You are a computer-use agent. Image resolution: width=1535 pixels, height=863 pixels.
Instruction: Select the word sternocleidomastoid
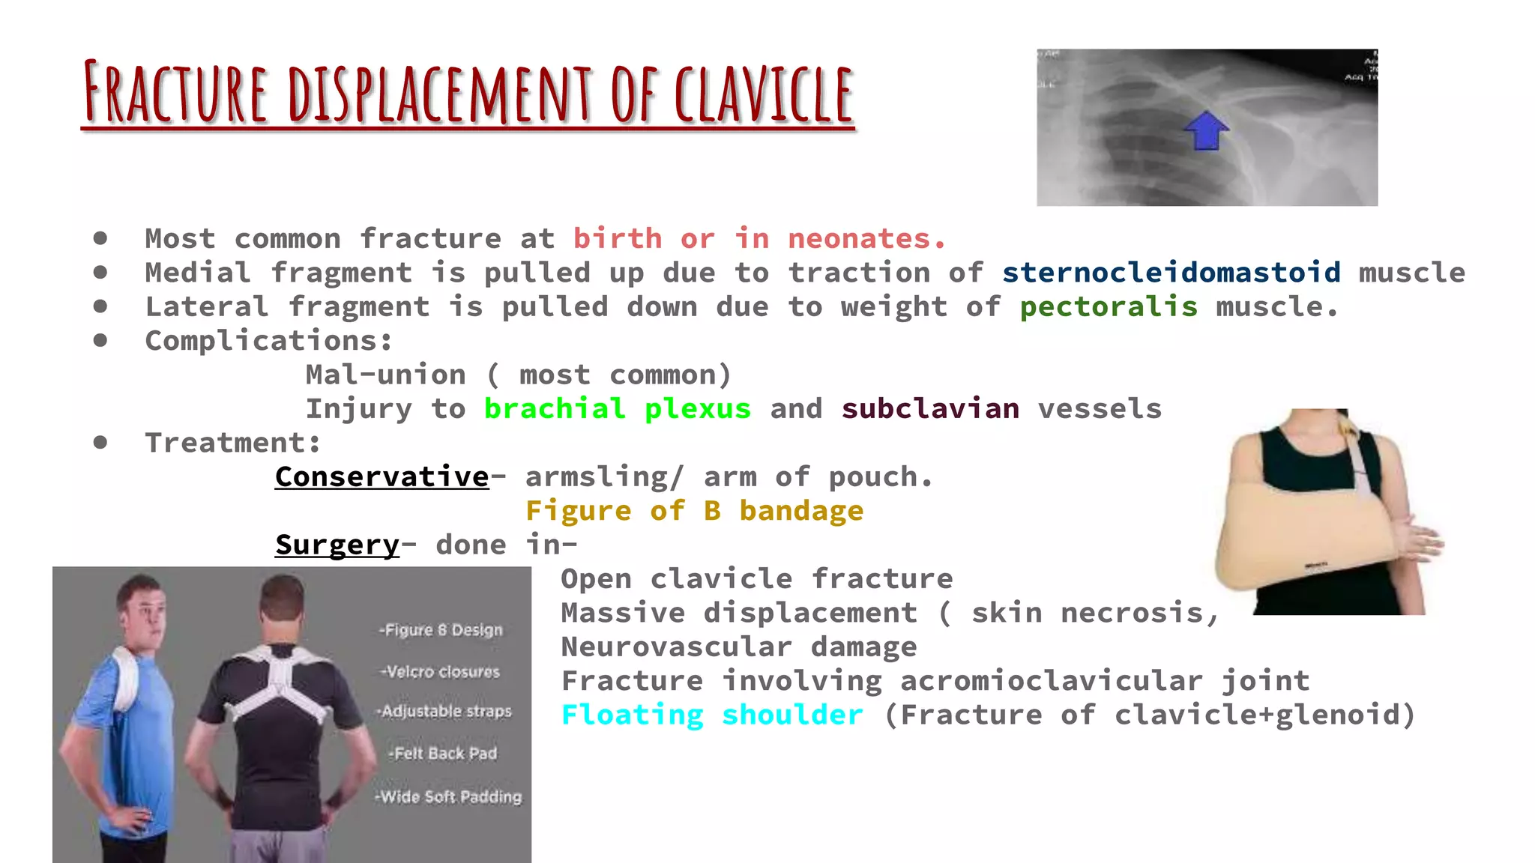pyautogui.click(x=1171, y=273)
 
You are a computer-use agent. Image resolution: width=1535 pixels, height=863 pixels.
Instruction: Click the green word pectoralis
pyautogui.click(x=1109, y=307)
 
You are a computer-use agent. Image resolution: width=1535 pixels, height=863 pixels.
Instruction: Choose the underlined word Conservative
pyautogui.click(x=382, y=477)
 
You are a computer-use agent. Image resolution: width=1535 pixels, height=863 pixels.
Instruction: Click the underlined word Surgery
pyautogui.click(x=337, y=545)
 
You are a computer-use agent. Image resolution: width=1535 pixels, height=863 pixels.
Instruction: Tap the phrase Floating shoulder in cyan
pyautogui.click(x=711, y=715)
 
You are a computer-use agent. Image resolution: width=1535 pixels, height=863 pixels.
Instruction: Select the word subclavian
pyautogui.click(x=929, y=409)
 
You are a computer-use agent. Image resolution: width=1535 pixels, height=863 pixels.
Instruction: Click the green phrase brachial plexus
pyautogui.click(x=617, y=409)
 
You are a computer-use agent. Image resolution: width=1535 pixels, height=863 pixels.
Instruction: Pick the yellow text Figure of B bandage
pyautogui.click(x=694, y=511)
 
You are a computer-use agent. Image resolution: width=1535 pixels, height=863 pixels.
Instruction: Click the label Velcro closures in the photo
pyautogui.click(x=440, y=672)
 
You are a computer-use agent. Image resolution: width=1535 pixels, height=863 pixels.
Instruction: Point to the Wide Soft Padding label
pyautogui.click(x=448, y=797)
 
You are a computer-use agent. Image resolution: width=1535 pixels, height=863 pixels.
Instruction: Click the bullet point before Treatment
pyautogui.click(x=100, y=443)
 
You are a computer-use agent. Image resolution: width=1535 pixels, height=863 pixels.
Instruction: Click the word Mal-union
pyautogui.click(x=385, y=375)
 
